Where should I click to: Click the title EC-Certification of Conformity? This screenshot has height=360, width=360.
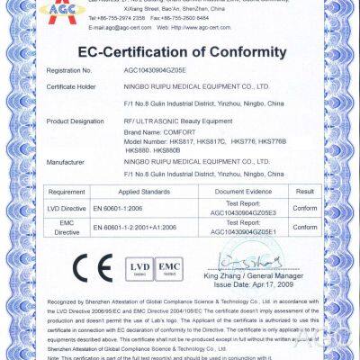click(x=180, y=52)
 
